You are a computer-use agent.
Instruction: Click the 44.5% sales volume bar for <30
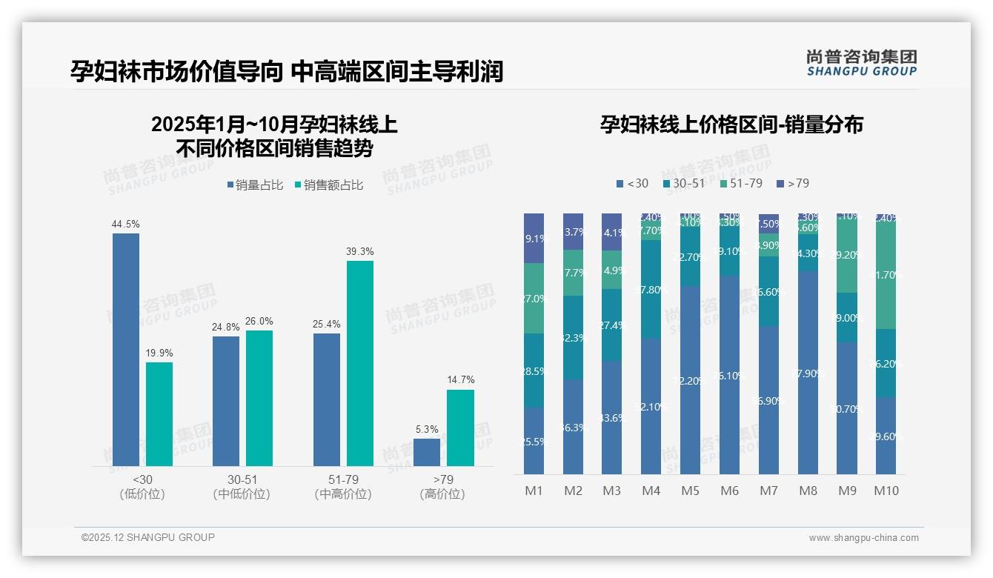(x=126, y=349)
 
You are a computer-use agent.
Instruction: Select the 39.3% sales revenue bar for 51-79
(x=360, y=363)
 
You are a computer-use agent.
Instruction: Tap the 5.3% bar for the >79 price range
(x=427, y=452)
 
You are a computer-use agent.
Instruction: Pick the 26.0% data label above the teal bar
(x=259, y=321)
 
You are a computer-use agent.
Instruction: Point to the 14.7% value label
(x=460, y=380)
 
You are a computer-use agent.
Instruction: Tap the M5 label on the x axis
(x=690, y=491)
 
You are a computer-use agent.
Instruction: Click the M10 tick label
(x=886, y=491)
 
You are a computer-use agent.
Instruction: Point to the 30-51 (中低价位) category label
(x=242, y=487)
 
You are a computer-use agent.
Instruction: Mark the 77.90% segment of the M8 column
(x=808, y=372)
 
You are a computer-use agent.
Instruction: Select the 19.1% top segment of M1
(x=534, y=239)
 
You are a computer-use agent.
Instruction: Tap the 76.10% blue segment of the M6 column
(x=729, y=375)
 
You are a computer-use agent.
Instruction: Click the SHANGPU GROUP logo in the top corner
(x=861, y=63)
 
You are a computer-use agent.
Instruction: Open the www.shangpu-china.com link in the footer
(x=863, y=538)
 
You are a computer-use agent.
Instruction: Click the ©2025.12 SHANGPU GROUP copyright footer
(x=148, y=537)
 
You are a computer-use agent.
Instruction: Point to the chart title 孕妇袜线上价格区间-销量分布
(x=731, y=124)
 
